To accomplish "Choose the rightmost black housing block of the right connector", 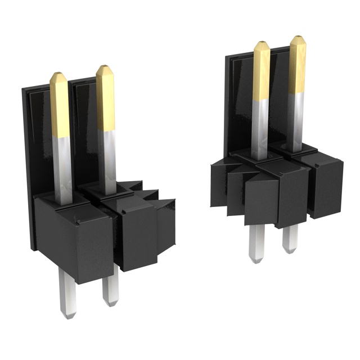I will pyautogui.click(x=326, y=186).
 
